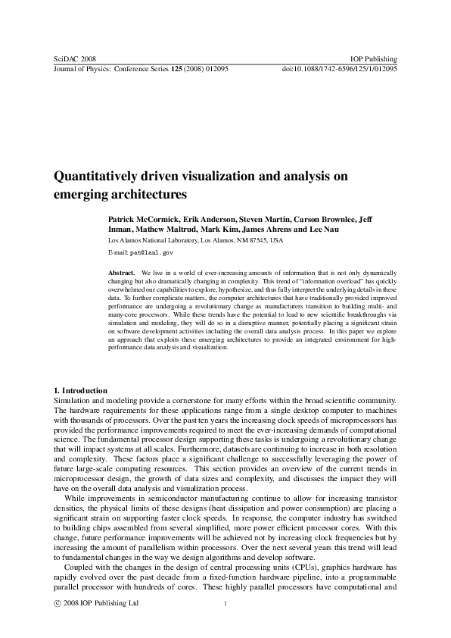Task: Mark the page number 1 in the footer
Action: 225,603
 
